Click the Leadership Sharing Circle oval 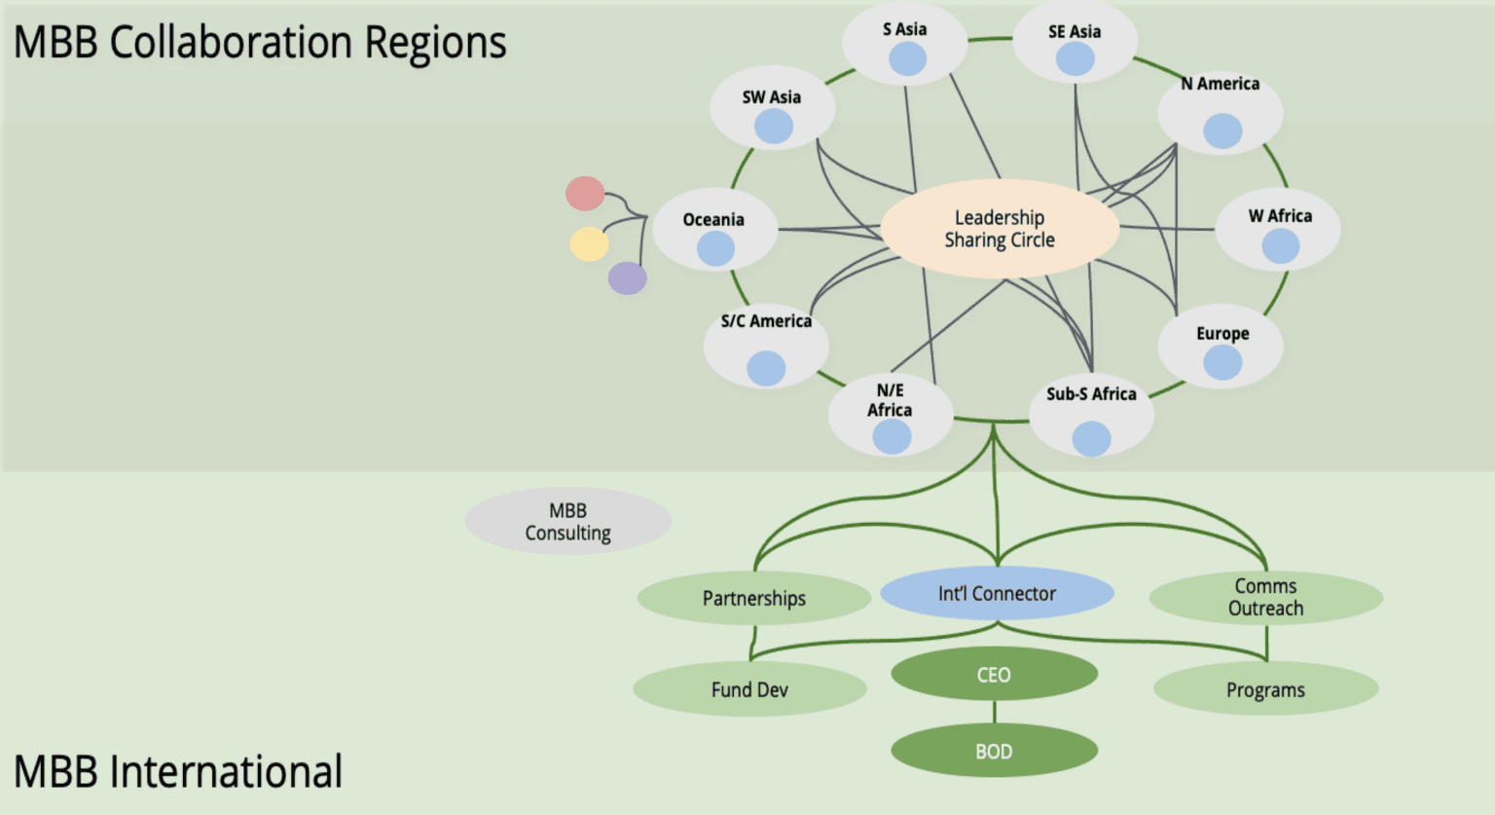click(1000, 229)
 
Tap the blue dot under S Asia click(907, 58)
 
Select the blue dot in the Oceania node click(715, 248)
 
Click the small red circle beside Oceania click(585, 194)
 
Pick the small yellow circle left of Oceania click(589, 243)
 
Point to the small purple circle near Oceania click(628, 278)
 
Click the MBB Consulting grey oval click(567, 522)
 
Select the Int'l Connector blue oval click(997, 593)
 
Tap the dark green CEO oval click(994, 675)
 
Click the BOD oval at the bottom click(994, 751)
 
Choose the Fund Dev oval click(749, 689)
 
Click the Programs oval click(1265, 689)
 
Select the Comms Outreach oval click(1265, 597)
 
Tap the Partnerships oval click(753, 598)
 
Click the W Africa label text click(1280, 216)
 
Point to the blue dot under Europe click(1222, 363)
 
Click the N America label click(1221, 84)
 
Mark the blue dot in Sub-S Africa click(1091, 438)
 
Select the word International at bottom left click(226, 772)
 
